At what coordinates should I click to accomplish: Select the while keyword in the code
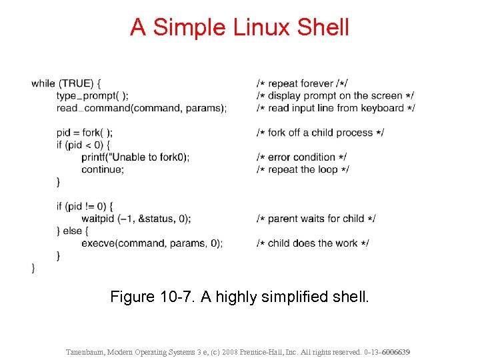click(x=43, y=83)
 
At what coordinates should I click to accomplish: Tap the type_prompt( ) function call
click(x=93, y=96)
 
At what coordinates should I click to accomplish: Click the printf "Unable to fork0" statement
click(x=135, y=157)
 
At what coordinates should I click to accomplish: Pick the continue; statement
click(x=103, y=169)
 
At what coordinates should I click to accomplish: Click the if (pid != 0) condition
click(x=85, y=206)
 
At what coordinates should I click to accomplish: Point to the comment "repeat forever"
click(x=301, y=83)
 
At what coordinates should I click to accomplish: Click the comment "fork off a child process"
click(x=320, y=133)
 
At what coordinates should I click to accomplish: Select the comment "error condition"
click(x=301, y=157)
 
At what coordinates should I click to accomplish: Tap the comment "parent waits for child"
click(x=316, y=219)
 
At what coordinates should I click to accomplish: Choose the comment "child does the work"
click(x=313, y=243)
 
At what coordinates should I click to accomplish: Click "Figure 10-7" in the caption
click(x=151, y=296)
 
